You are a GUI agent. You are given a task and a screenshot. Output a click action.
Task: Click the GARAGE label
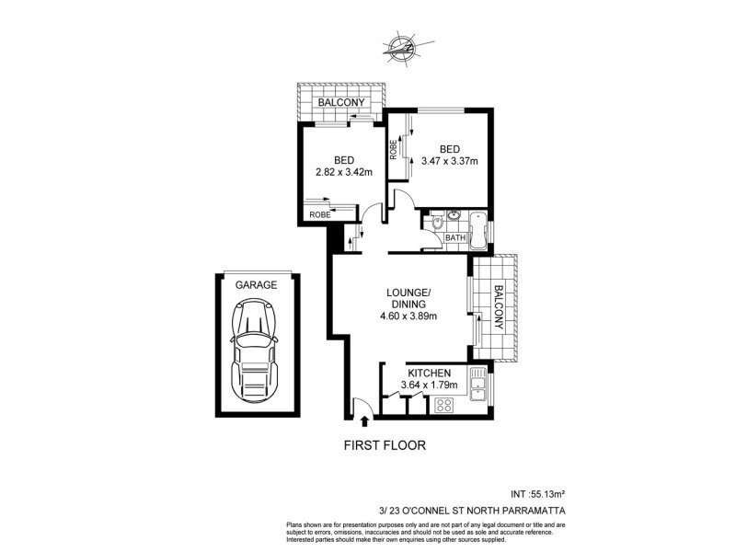click(x=256, y=285)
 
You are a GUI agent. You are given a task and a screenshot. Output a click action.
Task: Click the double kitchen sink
click(x=477, y=385)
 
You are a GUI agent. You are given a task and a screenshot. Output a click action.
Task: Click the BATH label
click(x=454, y=239)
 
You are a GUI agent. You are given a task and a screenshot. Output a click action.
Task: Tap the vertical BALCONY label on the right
click(x=498, y=307)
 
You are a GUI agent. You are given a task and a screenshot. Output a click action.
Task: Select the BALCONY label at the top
click(x=342, y=102)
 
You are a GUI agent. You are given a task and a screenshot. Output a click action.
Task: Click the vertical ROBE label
click(x=394, y=149)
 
